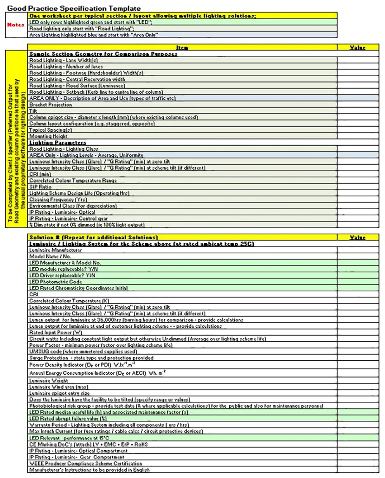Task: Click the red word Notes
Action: (16, 25)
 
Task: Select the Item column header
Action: (182, 47)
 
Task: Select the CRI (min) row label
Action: (41, 174)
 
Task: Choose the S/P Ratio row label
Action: (40, 187)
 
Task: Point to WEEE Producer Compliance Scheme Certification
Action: (85, 463)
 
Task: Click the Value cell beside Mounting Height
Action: (357, 136)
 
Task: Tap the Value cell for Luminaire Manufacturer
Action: (357, 250)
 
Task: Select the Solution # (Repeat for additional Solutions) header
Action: (93, 237)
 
